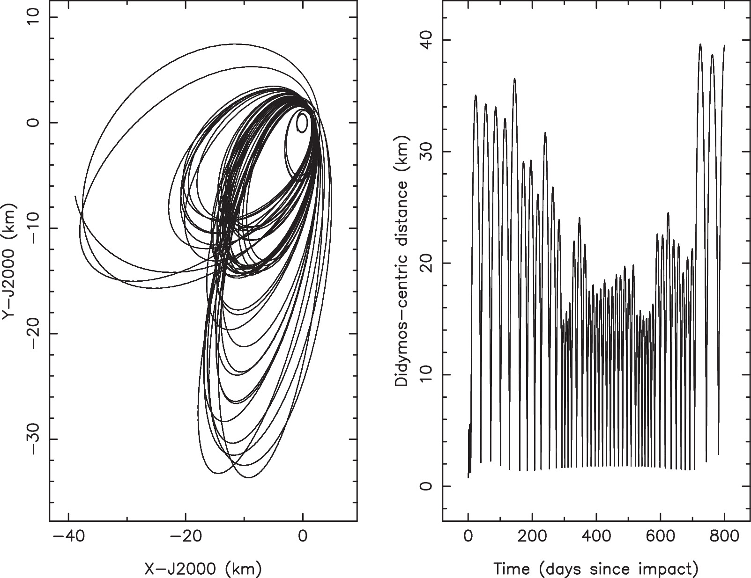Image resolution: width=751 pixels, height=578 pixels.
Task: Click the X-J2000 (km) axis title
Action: tap(202, 569)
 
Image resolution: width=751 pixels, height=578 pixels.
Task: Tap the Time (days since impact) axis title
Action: tap(595, 569)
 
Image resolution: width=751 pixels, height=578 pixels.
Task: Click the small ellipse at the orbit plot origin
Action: tap(302, 123)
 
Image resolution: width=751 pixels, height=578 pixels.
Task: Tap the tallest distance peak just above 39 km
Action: tap(700, 44)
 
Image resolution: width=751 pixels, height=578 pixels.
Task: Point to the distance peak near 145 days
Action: tap(514, 79)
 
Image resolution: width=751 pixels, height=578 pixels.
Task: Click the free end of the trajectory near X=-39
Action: tap(75, 197)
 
